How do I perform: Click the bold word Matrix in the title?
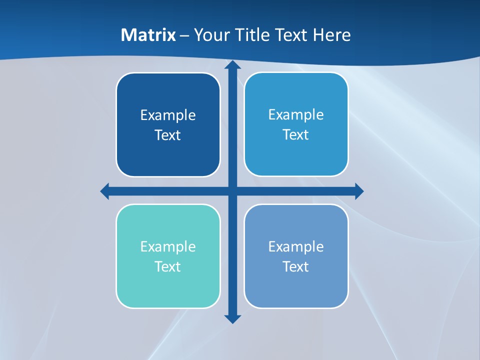tap(148, 35)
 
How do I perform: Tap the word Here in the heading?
tap(331, 35)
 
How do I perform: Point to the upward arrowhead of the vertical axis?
tap(232, 65)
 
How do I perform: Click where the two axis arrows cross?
tap(232, 191)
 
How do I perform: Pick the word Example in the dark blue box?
tap(168, 115)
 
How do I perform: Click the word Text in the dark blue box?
tap(167, 135)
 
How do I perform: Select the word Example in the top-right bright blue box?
tap(296, 115)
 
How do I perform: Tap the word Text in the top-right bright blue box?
tap(295, 135)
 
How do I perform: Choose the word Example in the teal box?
tap(168, 247)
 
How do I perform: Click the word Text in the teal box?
tap(167, 267)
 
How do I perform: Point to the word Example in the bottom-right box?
tap(296, 247)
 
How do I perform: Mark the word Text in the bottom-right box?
tap(295, 267)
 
